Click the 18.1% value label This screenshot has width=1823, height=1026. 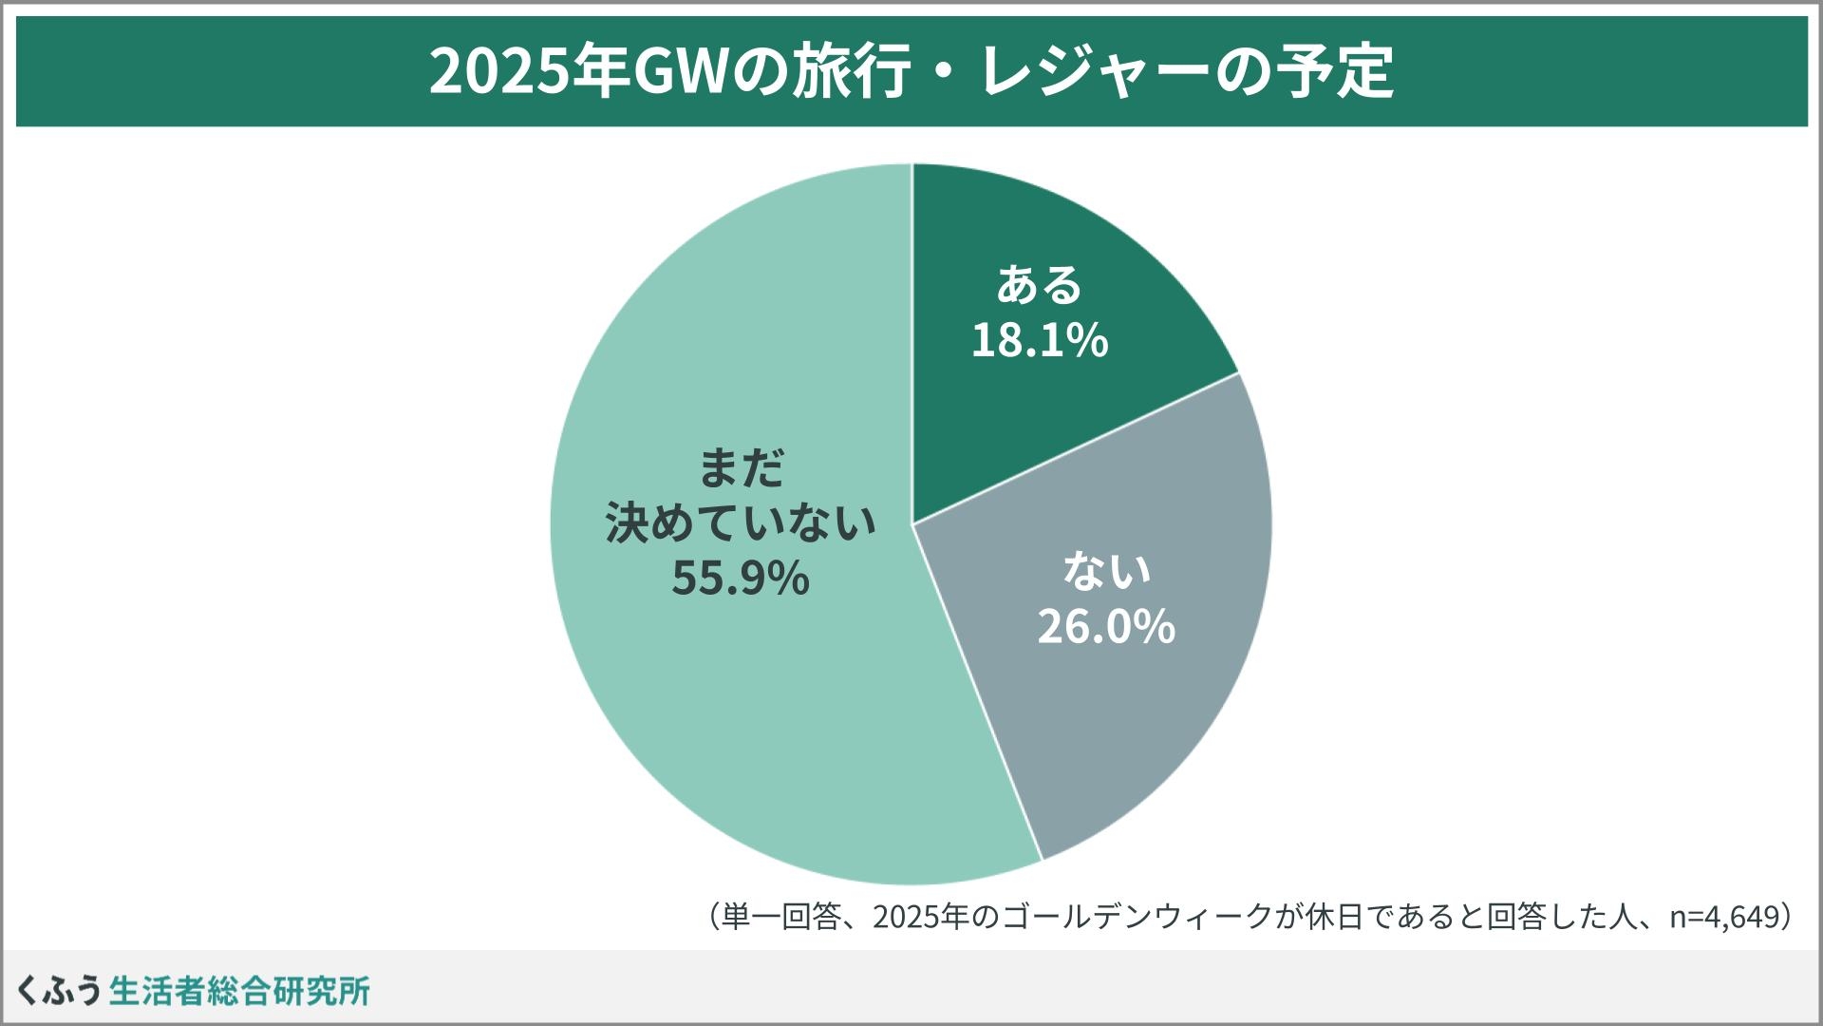click(x=1039, y=340)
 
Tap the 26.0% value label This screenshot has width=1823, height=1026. click(x=1105, y=626)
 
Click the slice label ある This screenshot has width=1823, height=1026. click(x=1039, y=285)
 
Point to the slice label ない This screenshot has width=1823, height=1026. click(x=1106, y=570)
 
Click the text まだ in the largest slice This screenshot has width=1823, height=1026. click(x=742, y=467)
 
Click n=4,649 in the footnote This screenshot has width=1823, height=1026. click(x=1722, y=918)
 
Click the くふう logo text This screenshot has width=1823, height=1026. click(x=59, y=990)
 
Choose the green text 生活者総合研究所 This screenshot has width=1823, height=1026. click(x=239, y=990)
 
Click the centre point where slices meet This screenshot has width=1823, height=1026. click(x=912, y=523)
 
